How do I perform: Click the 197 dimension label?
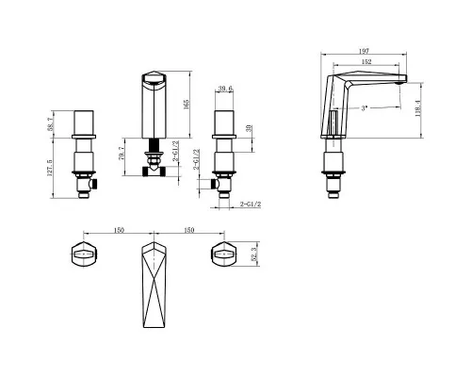click(364, 51)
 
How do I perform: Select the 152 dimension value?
click(366, 62)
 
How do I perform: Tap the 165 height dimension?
click(187, 105)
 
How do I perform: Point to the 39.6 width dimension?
click(225, 89)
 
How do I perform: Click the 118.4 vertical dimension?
click(418, 108)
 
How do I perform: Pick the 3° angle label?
click(364, 108)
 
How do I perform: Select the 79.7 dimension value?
click(122, 154)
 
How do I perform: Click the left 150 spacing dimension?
click(119, 230)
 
